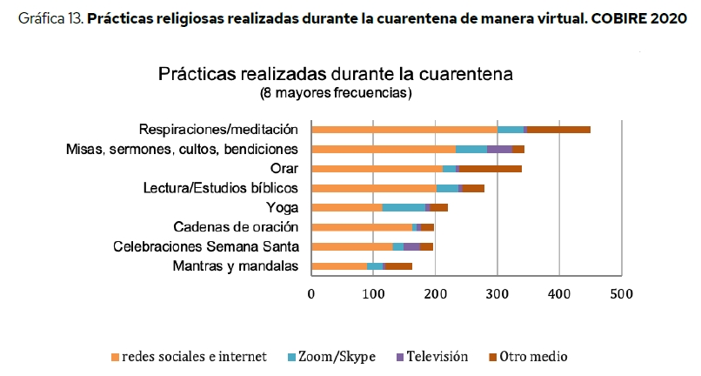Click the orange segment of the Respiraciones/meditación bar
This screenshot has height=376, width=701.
[x=404, y=130]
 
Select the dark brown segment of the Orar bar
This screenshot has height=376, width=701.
[x=491, y=169]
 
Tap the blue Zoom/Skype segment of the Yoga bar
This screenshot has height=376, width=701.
[x=404, y=208]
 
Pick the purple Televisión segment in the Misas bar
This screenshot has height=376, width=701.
[x=499, y=149]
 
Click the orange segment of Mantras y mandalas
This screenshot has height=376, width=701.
[x=339, y=266]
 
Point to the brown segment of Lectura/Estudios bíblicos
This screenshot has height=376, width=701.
[x=473, y=189]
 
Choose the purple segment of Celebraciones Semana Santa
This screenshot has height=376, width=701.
[x=411, y=246]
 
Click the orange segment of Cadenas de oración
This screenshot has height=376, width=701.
[x=362, y=227]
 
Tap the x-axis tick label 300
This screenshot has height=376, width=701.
[x=497, y=294]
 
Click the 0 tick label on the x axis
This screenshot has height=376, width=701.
[x=311, y=294]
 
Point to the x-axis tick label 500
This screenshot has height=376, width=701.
[x=622, y=294]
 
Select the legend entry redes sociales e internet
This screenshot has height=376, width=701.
[x=189, y=357]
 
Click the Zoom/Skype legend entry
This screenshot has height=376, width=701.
[x=331, y=357]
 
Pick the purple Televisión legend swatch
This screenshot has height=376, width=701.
[x=400, y=357]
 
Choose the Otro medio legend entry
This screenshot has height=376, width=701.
[x=528, y=357]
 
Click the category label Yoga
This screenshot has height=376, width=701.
[x=282, y=208]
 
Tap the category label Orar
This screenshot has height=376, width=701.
[x=284, y=169]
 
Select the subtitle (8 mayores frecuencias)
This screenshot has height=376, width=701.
[x=336, y=93]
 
